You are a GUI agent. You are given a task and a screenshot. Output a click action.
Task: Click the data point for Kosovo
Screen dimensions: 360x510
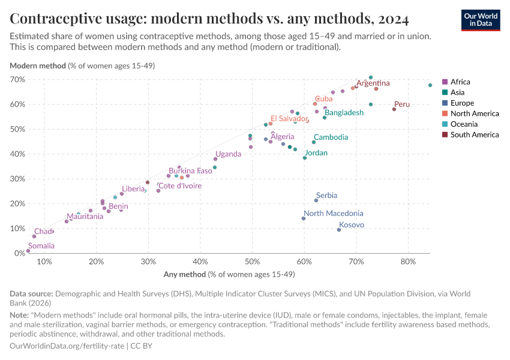pos(339,230)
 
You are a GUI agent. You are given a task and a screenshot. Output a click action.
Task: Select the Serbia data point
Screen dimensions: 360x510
pos(316,200)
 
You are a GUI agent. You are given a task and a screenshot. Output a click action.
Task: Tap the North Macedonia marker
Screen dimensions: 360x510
pos(304,218)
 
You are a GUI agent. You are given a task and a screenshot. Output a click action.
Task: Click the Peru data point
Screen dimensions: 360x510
pos(394,109)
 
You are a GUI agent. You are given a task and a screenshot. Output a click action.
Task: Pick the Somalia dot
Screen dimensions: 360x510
pos(28,251)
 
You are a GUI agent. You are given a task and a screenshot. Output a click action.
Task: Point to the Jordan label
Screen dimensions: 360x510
pos(316,153)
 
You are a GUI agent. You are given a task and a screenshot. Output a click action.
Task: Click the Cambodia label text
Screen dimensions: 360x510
pos(331,137)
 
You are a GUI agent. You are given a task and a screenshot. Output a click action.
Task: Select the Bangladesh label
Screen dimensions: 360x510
pos(344,113)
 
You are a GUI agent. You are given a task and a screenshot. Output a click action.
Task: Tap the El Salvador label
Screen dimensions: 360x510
pos(290,119)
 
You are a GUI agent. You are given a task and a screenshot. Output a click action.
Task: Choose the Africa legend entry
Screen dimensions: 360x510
pos(460,82)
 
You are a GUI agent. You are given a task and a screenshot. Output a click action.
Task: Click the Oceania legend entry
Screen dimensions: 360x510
pos(464,124)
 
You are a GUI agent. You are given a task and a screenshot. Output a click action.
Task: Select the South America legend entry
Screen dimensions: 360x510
pos(474,134)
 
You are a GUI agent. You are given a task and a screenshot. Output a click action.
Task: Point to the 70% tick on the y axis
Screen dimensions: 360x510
pos(17,79)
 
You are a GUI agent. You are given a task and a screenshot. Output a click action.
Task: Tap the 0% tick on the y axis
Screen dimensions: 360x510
pos(19,253)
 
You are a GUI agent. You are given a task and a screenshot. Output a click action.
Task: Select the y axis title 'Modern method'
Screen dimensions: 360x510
pos(38,66)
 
